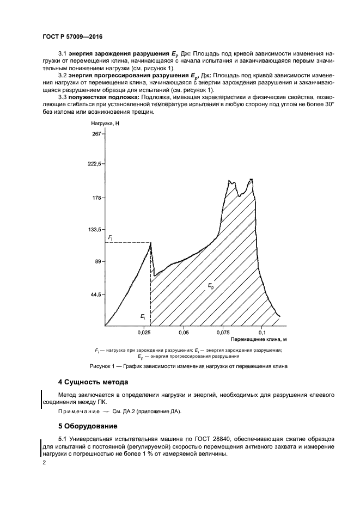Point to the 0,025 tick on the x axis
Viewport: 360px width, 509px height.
coord(144,332)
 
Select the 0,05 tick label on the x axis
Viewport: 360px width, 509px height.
coord(184,332)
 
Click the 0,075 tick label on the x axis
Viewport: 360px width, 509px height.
coord(222,332)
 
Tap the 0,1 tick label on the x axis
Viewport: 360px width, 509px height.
coord(262,332)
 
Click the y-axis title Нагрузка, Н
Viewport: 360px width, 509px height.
coord(105,124)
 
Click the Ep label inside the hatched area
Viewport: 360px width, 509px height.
coord(211,285)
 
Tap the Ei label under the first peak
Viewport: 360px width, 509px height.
coord(142,316)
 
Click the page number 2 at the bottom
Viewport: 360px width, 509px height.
coord(44,463)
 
